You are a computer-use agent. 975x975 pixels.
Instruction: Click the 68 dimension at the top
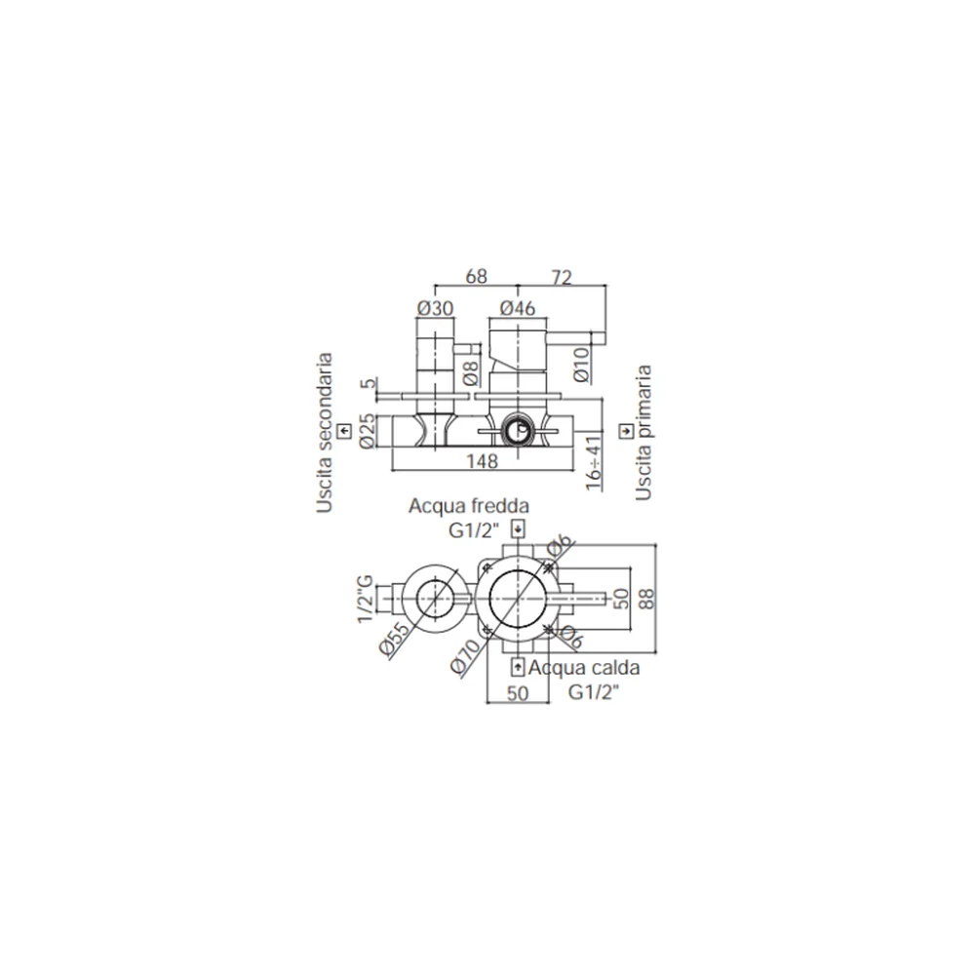coord(477,276)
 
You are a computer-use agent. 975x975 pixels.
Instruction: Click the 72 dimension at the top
coord(562,277)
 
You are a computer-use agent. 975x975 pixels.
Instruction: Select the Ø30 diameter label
coord(435,308)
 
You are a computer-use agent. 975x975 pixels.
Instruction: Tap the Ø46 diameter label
coord(518,308)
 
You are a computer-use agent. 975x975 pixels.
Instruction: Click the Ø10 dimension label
coord(581,365)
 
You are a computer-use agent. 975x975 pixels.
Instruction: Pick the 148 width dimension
coord(482,461)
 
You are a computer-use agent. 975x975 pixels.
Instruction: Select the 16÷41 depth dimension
coord(594,463)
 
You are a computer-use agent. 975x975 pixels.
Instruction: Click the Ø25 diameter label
coord(367,430)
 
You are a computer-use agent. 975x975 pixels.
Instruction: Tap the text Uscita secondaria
coord(324,433)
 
